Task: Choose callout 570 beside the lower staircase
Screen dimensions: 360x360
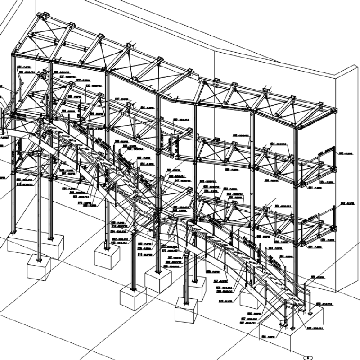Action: [x=224, y=301]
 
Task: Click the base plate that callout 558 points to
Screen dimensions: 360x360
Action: [x=284, y=323]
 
